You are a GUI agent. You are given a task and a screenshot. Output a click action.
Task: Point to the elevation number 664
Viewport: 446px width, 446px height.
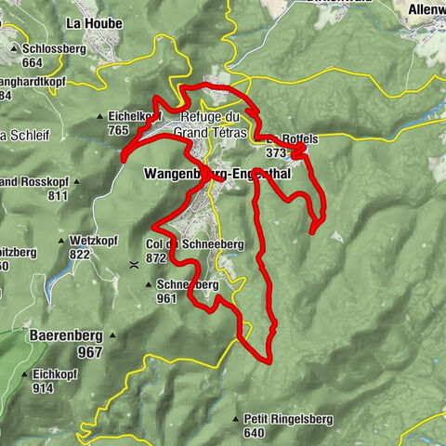coord(33,62)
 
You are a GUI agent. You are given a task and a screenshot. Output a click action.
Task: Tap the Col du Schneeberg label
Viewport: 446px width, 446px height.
coord(194,243)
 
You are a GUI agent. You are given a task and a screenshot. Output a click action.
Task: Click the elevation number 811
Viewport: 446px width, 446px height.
coord(58,196)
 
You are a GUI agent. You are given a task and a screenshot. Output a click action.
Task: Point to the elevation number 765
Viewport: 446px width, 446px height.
coord(117,132)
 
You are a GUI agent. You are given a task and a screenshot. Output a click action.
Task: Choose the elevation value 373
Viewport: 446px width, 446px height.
coord(277,152)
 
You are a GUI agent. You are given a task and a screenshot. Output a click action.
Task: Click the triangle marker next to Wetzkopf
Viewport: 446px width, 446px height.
coord(61,241)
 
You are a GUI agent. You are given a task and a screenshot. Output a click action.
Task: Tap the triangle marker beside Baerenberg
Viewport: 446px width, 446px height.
coord(112,334)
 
